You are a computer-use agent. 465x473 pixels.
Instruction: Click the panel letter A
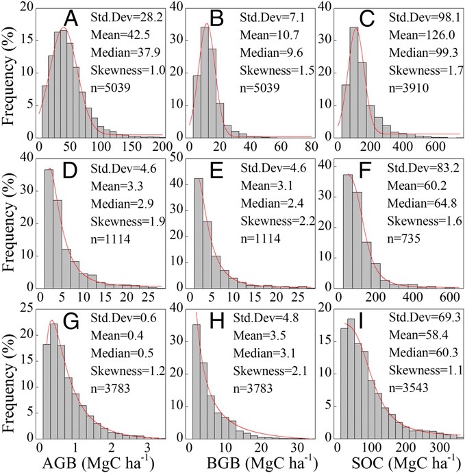tap(71, 19)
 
